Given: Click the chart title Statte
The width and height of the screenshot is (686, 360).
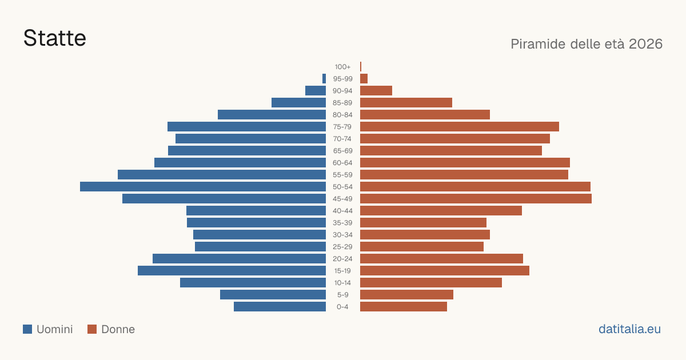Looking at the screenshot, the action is point(55,38).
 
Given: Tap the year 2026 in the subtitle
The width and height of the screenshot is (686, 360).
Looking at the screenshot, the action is point(645,44).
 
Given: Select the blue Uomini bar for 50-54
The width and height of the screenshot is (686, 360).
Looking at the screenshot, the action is point(203,187).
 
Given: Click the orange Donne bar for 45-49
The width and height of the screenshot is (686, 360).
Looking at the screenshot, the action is point(476,199).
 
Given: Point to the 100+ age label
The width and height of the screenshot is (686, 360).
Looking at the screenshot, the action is point(342,67).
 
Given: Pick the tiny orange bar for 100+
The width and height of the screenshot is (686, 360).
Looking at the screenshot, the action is point(361,67).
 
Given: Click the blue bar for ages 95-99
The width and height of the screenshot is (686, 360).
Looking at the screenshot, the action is point(324,79).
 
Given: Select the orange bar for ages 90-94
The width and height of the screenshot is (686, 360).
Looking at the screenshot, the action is point(376,91).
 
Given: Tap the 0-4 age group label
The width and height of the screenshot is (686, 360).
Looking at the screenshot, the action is point(342,307).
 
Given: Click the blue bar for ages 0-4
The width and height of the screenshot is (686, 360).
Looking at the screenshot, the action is point(280,307).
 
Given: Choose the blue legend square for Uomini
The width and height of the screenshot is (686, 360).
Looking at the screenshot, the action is point(27,329).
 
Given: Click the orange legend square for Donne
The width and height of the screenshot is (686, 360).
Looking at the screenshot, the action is point(92,329).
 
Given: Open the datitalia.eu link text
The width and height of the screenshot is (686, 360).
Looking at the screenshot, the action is point(629,329).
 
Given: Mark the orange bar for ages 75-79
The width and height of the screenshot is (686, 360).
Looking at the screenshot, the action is point(460,127).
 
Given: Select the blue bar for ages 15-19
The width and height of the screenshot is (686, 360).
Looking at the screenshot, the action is point(232,271).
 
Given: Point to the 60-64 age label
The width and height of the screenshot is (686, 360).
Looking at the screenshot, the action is point(342,163).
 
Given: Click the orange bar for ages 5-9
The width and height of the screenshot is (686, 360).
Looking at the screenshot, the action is point(406,295).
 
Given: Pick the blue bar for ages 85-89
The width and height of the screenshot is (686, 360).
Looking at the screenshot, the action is point(298,102).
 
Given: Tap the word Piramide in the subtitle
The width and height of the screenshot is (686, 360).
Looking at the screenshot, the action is point(539,44).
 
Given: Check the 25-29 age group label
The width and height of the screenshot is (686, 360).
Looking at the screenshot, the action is point(342,247).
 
